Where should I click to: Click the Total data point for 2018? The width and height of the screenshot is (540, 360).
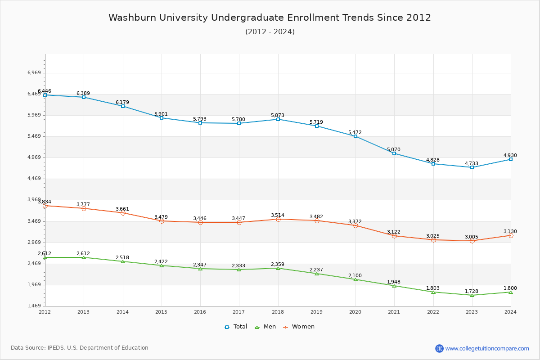coord(278,119)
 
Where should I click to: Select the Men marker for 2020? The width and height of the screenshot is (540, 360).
coord(355,279)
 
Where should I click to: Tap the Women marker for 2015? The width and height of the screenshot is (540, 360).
coord(162,221)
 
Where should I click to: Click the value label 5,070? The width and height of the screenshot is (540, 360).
coord(394,149)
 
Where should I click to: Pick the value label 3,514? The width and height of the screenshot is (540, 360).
coord(278,215)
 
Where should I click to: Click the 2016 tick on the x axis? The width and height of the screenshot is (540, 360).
coord(200,312)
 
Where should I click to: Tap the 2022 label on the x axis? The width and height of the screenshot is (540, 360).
coord(433,312)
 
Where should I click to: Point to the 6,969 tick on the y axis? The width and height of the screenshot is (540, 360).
coord(34,73)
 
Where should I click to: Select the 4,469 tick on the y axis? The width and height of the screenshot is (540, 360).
coord(34,179)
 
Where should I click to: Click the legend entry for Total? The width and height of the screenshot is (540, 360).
coord(236,327)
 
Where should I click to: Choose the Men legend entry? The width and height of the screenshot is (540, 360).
coord(265,327)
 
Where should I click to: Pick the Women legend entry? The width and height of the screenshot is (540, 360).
coord(299,327)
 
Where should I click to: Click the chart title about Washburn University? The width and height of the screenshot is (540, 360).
coord(270,18)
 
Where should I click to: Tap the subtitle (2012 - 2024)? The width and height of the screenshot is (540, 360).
coord(270,31)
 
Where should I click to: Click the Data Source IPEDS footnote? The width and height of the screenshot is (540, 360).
coord(80,348)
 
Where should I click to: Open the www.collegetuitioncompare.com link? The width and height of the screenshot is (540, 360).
coord(487,348)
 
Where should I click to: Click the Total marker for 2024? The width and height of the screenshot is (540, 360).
coord(511,159)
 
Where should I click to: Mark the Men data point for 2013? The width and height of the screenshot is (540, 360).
coord(84,257)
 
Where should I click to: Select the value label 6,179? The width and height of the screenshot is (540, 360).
coord(122,102)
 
